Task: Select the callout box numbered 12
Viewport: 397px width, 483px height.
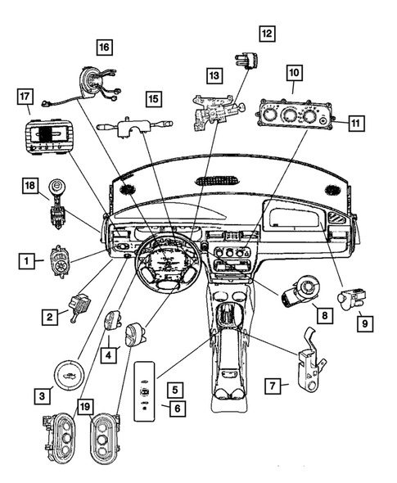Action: click(267, 34)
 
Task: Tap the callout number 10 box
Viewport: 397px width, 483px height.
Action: click(294, 74)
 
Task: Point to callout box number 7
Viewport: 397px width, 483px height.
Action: click(275, 383)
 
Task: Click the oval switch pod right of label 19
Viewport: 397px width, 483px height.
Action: click(101, 434)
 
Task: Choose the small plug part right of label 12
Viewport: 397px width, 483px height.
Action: click(244, 62)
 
